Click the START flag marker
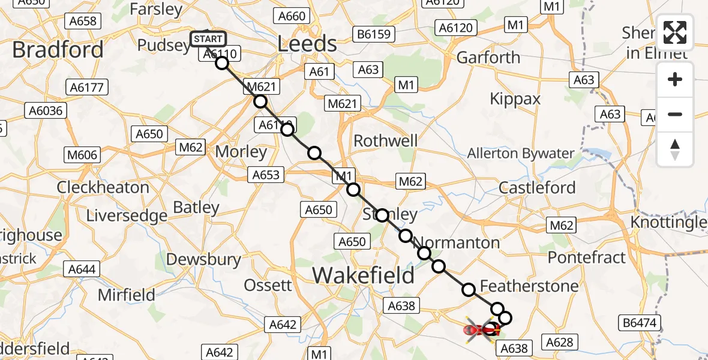208,40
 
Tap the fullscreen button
675,32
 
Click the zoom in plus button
675,79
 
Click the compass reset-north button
675,149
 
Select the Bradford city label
58,50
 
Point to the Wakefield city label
363,276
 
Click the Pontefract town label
587,257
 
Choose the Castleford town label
537,188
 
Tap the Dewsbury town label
203,260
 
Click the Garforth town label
488,58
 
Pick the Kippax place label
515,99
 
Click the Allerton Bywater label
521,154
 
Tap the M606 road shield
82,155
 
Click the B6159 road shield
373,34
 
